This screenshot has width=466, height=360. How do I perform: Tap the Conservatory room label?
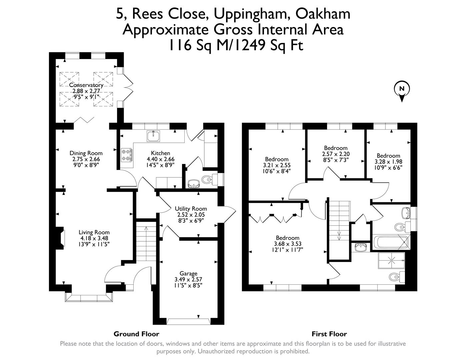click(86, 85)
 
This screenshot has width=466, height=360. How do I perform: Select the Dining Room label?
click(86, 153)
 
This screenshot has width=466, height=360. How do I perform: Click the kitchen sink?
click(153, 136)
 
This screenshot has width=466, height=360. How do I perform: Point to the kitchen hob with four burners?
click(127, 155)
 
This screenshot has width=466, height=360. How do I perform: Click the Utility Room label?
click(191, 209)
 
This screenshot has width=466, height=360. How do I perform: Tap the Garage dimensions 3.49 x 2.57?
click(188, 279)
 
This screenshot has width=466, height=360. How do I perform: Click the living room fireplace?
click(60, 238)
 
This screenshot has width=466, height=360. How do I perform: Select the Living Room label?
click(94, 232)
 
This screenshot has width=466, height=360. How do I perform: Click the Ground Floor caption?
click(136, 334)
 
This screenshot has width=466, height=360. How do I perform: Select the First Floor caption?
click(329, 334)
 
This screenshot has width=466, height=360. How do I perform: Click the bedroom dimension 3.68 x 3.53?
click(287, 244)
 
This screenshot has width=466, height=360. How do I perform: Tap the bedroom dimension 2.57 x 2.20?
click(336, 154)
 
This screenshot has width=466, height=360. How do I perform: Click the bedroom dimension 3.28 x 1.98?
click(388, 162)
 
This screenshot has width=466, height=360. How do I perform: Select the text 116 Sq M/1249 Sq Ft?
click(236, 45)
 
